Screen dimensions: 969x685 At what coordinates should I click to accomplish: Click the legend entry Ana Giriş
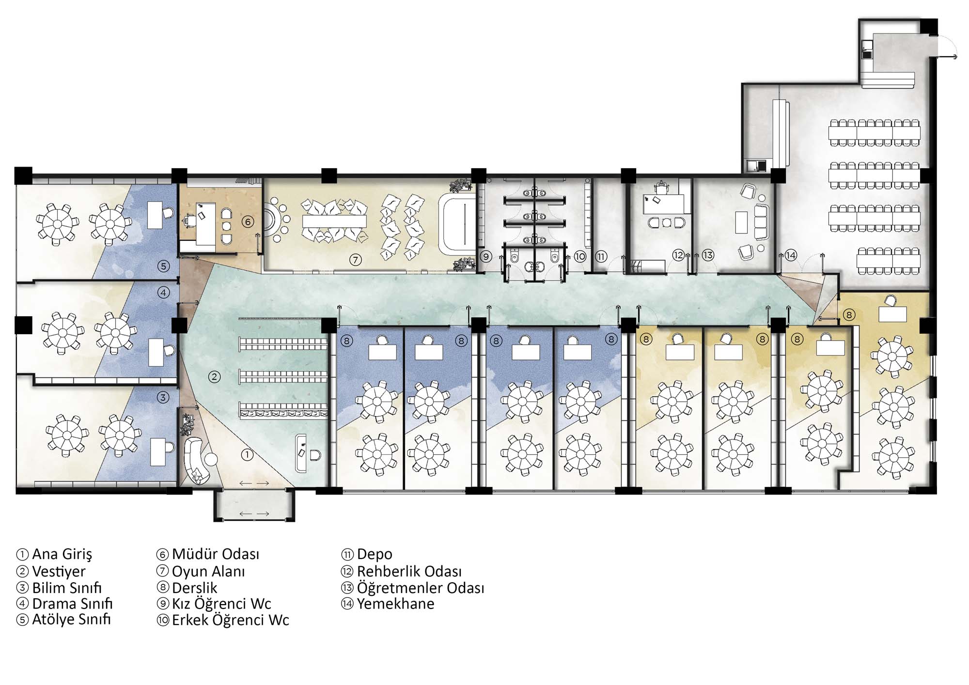coord(62,554)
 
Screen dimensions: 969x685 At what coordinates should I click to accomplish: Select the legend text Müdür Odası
coord(216,554)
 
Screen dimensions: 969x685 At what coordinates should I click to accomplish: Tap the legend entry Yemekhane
coord(395,604)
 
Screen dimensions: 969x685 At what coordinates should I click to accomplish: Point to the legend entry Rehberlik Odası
coord(409,571)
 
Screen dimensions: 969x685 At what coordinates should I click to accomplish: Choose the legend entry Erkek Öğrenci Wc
coord(231,620)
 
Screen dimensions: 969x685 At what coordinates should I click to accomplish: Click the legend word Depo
coord(375,555)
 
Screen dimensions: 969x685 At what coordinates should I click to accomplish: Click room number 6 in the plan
coord(248,222)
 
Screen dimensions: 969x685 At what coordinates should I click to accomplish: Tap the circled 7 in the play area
coord(355,260)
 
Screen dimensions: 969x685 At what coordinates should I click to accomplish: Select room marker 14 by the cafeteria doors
coord(791,255)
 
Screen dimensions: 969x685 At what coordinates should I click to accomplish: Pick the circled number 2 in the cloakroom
coord(214,376)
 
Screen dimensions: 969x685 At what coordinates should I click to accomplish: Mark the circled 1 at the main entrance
coord(247,454)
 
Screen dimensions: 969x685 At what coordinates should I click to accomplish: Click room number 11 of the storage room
coord(601,256)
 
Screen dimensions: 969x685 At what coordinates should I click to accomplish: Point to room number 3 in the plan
coord(163,398)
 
